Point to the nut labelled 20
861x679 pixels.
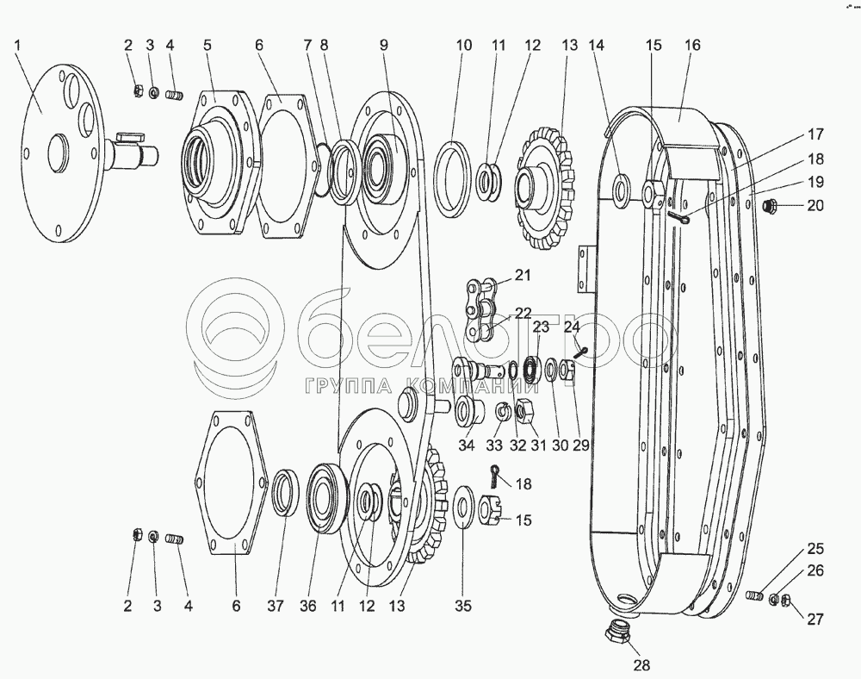771,205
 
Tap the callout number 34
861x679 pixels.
466,445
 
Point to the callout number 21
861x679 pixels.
523,275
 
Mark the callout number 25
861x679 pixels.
815,549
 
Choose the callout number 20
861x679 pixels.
815,205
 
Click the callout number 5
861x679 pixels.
207,45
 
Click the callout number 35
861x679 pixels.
463,606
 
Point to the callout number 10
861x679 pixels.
465,45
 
